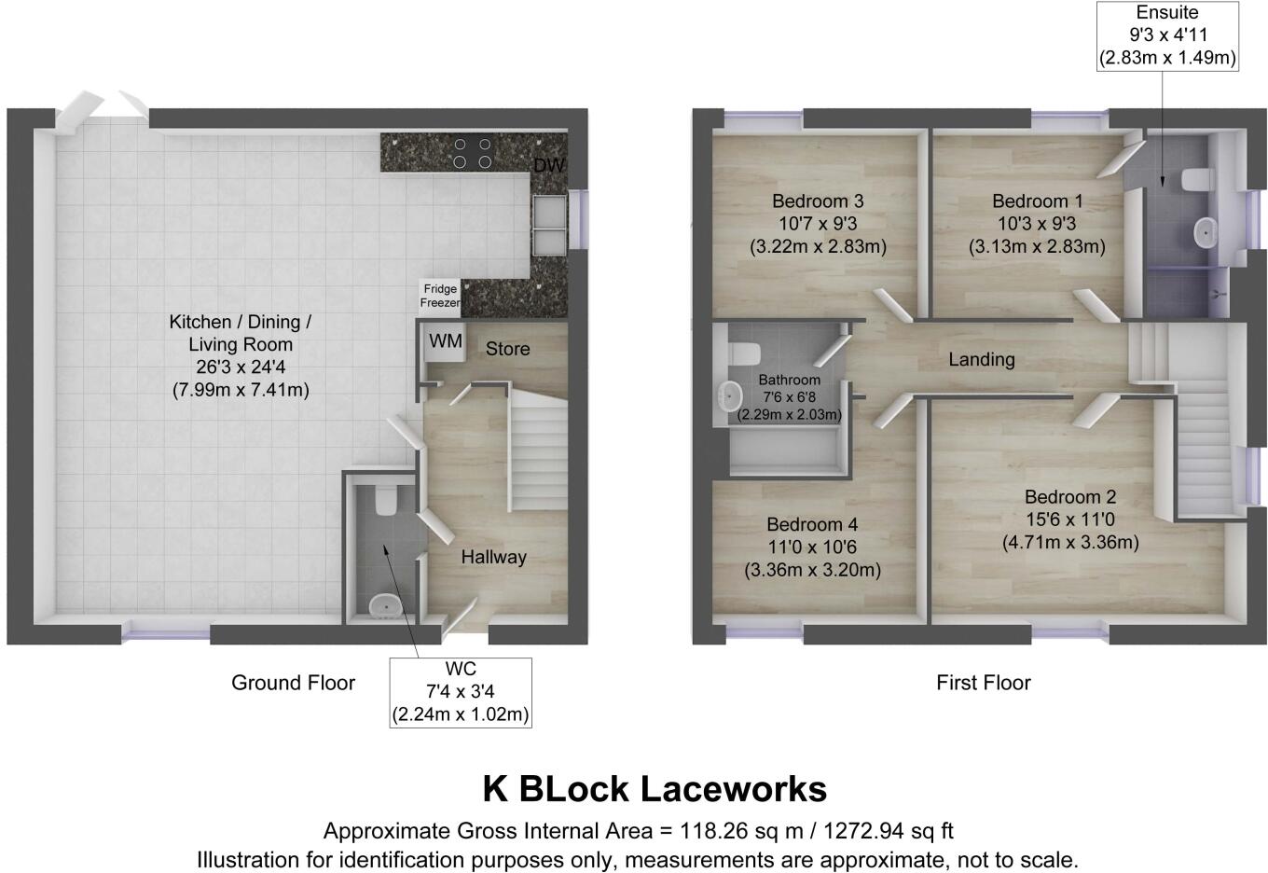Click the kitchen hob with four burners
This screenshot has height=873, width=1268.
[x=472, y=153]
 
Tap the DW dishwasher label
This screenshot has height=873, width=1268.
[x=548, y=166]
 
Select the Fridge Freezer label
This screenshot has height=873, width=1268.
[x=440, y=296]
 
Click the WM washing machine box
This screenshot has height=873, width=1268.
[x=446, y=342]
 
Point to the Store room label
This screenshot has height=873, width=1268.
[x=507, y=349]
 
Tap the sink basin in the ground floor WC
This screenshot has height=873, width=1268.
[x=385, y=607]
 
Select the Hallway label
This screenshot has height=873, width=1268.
[x=493, y=557]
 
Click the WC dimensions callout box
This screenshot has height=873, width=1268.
[x=461, y=693]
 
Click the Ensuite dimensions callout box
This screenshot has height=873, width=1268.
[x=1167, y=35]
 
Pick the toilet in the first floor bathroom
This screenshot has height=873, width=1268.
[x=742, y=354]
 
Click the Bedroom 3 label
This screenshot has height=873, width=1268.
[x=818, y=201]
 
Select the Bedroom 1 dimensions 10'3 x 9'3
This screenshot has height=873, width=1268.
[x=1037, y=224]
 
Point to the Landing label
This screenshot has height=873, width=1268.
[x=981, y=359]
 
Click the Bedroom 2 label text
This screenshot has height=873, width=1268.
[x=1069, y=497]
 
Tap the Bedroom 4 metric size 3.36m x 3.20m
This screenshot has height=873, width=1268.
[x=812, y=570]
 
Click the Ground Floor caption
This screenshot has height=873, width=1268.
[x=293, y=683]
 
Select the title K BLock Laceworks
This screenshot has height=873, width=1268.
[x=654, y=789]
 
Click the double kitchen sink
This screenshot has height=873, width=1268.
[x=548, y=224]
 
